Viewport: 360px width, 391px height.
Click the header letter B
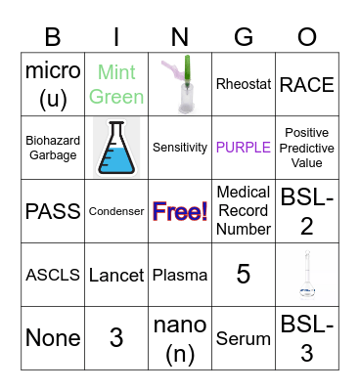(x=53, y=37)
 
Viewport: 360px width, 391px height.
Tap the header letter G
(x=244, y=37)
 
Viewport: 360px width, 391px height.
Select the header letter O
(x=307, y=37)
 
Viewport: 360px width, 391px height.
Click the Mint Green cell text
(x=116, y=84)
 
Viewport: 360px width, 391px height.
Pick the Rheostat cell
(x=244, y=84)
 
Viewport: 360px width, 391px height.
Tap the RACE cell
(x=307, y=84)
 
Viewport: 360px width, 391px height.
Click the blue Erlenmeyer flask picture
(x=116, y=148)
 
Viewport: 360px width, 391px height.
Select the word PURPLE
(x=244, y=148)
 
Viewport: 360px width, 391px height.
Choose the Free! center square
(x=180, y=211)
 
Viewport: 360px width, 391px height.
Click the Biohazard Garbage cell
(x=53, y=148)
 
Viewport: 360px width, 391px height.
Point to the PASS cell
(x=53, y=211)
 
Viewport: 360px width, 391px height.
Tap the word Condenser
(x=116, y=211)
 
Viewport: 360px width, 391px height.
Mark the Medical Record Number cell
(x=244, y=211)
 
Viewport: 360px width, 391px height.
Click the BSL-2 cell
(x=307, y=211)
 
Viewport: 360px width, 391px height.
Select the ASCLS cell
(x=53, y=275)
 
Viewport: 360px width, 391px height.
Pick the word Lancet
(x=116, y=275)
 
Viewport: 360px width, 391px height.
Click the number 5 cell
(x=244, y=275)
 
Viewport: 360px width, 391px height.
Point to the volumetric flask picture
(x=307, y=275)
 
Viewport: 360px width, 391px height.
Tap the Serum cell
(x=244, y=338)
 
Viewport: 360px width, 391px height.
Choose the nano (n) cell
(x=180, y=338)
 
